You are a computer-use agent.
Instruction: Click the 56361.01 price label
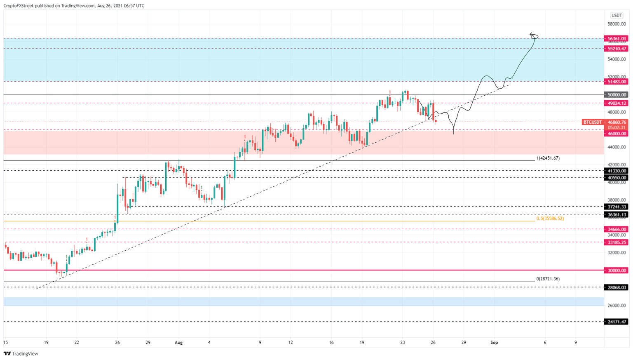[617, 39]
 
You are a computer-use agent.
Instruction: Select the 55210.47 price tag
[617, 49]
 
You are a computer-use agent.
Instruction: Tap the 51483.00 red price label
[617, 82]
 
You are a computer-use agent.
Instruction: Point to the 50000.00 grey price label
[617, 95]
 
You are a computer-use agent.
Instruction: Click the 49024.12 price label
[617, 103]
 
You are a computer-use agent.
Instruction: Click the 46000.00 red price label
[617, 134]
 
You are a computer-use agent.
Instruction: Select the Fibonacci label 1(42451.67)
[548, 158]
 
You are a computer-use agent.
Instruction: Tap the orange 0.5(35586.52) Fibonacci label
[550, 219]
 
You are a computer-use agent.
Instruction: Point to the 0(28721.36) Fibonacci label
[548, 279]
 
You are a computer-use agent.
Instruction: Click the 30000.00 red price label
[617, 271]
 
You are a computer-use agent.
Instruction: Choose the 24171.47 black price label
[617, 322]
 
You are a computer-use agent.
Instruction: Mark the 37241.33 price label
[617, 207]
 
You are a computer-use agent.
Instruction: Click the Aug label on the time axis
[178, 342]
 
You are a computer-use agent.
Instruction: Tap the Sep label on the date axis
[494, 342]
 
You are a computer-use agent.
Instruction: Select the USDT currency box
[617, 16]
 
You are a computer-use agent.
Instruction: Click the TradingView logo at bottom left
[21, 354]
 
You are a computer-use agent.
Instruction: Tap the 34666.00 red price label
[617, 229]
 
